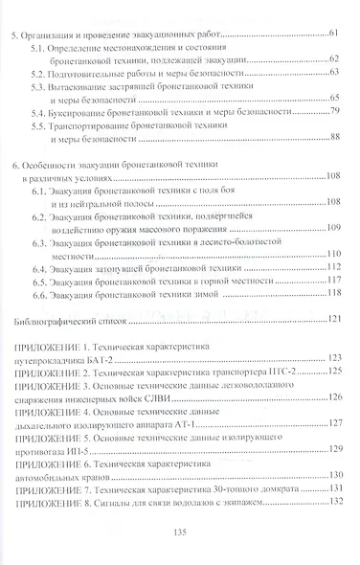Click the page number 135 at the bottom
click(180, 532)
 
